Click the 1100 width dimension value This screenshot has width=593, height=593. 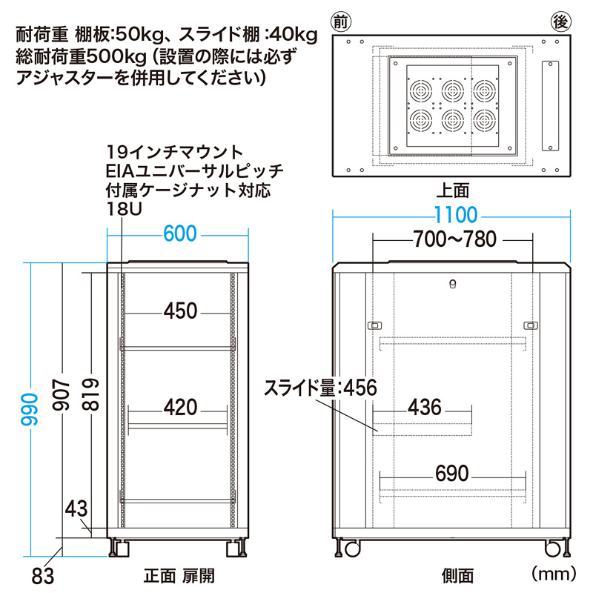tap(457, 216)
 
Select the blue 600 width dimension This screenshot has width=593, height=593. tap(179, 233)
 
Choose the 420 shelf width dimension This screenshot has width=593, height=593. tap(180, 407)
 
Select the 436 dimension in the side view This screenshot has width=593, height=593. tap(424, 407)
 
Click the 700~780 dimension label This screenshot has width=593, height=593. tap(452, 239)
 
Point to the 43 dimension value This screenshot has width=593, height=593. tap(76, 509)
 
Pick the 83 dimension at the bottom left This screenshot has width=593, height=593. tap(44, 574)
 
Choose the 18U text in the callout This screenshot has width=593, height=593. tap(123, 210)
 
